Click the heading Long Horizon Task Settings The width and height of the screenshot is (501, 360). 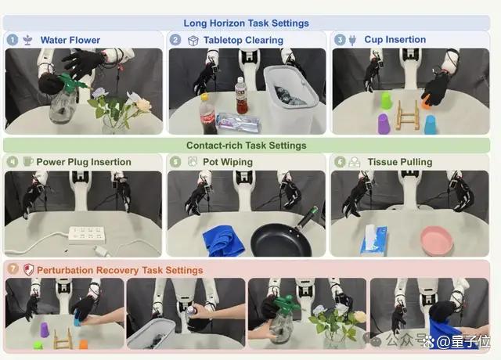point(246,23)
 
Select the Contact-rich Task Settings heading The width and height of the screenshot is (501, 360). point(247,146)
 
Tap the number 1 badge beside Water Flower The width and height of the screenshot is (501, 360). point(13,40)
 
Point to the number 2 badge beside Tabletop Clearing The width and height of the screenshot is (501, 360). point(175,40)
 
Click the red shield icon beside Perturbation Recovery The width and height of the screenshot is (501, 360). point(29,270)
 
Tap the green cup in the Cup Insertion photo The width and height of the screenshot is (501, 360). point(386,99)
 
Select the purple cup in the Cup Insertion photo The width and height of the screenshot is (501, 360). point(384,124)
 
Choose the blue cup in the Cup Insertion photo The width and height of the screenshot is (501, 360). point(430,124)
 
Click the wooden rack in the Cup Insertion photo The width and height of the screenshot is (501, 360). point(407,115)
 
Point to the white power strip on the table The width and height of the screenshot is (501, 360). point(87,235)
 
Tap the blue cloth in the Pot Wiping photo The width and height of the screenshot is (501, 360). point(223,240)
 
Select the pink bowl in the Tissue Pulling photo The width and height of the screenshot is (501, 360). point(437,241)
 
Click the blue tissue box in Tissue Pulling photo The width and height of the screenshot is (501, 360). point(374,241)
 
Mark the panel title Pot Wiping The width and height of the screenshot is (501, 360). point(228,162)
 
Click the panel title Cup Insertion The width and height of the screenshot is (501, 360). point(395,40)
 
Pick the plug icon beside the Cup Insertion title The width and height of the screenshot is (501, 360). point(352,40)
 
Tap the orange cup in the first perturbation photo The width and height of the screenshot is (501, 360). point(84,344)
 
